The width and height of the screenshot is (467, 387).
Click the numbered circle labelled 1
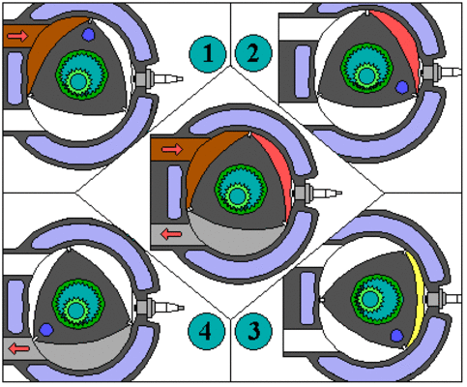[207, 53]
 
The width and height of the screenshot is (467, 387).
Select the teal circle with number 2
[253, 53]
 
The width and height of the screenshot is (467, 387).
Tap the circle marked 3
[253, 331]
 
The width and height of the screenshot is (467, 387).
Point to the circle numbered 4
[206, 331]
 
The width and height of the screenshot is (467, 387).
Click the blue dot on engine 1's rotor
[88, 34]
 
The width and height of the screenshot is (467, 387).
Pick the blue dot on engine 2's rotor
[402, 87]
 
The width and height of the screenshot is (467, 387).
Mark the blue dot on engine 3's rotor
[397, 336]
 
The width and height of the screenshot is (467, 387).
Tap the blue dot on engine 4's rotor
[46, 329]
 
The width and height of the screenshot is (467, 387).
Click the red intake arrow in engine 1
[18, 36]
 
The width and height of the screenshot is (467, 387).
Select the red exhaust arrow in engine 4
[18, 348]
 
